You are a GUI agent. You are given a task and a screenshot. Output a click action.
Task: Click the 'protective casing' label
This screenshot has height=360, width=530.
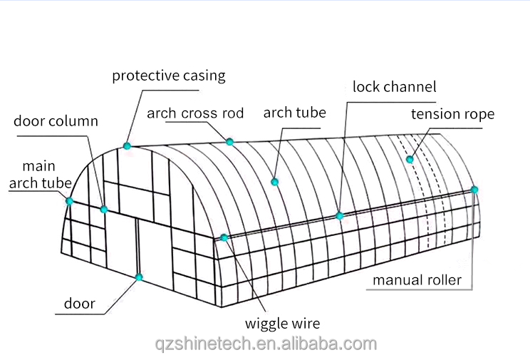[x=168, y=76]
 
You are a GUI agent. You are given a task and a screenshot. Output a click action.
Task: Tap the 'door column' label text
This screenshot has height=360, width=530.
[x=56, y=120]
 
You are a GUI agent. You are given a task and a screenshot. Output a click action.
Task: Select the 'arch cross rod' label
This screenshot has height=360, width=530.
[x=195, y=113]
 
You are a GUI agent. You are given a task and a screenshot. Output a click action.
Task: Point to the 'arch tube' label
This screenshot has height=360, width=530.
[x=294, y=113]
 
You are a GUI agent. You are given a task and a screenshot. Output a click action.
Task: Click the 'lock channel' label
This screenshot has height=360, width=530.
[x=394, y=87]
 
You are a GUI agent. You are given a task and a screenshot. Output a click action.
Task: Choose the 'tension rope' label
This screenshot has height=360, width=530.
[x=452, y=114]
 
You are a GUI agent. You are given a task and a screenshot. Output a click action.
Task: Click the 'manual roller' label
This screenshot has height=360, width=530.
[x=417, y=280]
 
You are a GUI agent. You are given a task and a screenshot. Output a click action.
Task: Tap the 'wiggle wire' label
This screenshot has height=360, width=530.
[x=284, y=323]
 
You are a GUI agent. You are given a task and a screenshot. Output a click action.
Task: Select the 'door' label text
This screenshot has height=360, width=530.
[x=79, y=304]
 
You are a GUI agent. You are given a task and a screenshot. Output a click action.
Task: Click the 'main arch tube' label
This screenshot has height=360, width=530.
[x=39, y=175]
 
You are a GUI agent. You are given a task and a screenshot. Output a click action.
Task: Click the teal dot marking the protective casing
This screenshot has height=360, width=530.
[x=127, y=146]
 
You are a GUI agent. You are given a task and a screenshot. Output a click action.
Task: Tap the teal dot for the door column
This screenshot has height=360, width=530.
[x=104, y=210]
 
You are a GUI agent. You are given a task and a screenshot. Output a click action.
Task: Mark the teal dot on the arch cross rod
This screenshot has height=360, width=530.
[x=230, y=142]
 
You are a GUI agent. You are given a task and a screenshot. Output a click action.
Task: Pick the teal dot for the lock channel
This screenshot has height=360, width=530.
[x=340, y=215]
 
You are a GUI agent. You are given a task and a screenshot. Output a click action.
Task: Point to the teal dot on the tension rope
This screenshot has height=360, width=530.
[x=410, y=159]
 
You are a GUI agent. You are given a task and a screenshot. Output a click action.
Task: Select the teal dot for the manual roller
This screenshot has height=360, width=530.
[x=474, y=190]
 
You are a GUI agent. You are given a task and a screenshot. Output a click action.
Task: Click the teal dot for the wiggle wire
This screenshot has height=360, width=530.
[x=224, y=237]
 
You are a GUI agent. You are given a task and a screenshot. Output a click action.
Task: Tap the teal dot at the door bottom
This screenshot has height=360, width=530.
[x=139, y=277]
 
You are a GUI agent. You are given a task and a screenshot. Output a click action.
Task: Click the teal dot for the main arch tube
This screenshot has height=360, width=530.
[x=70, y=201]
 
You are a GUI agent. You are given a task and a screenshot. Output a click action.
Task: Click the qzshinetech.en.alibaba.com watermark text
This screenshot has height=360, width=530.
[x=266, y=344]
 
